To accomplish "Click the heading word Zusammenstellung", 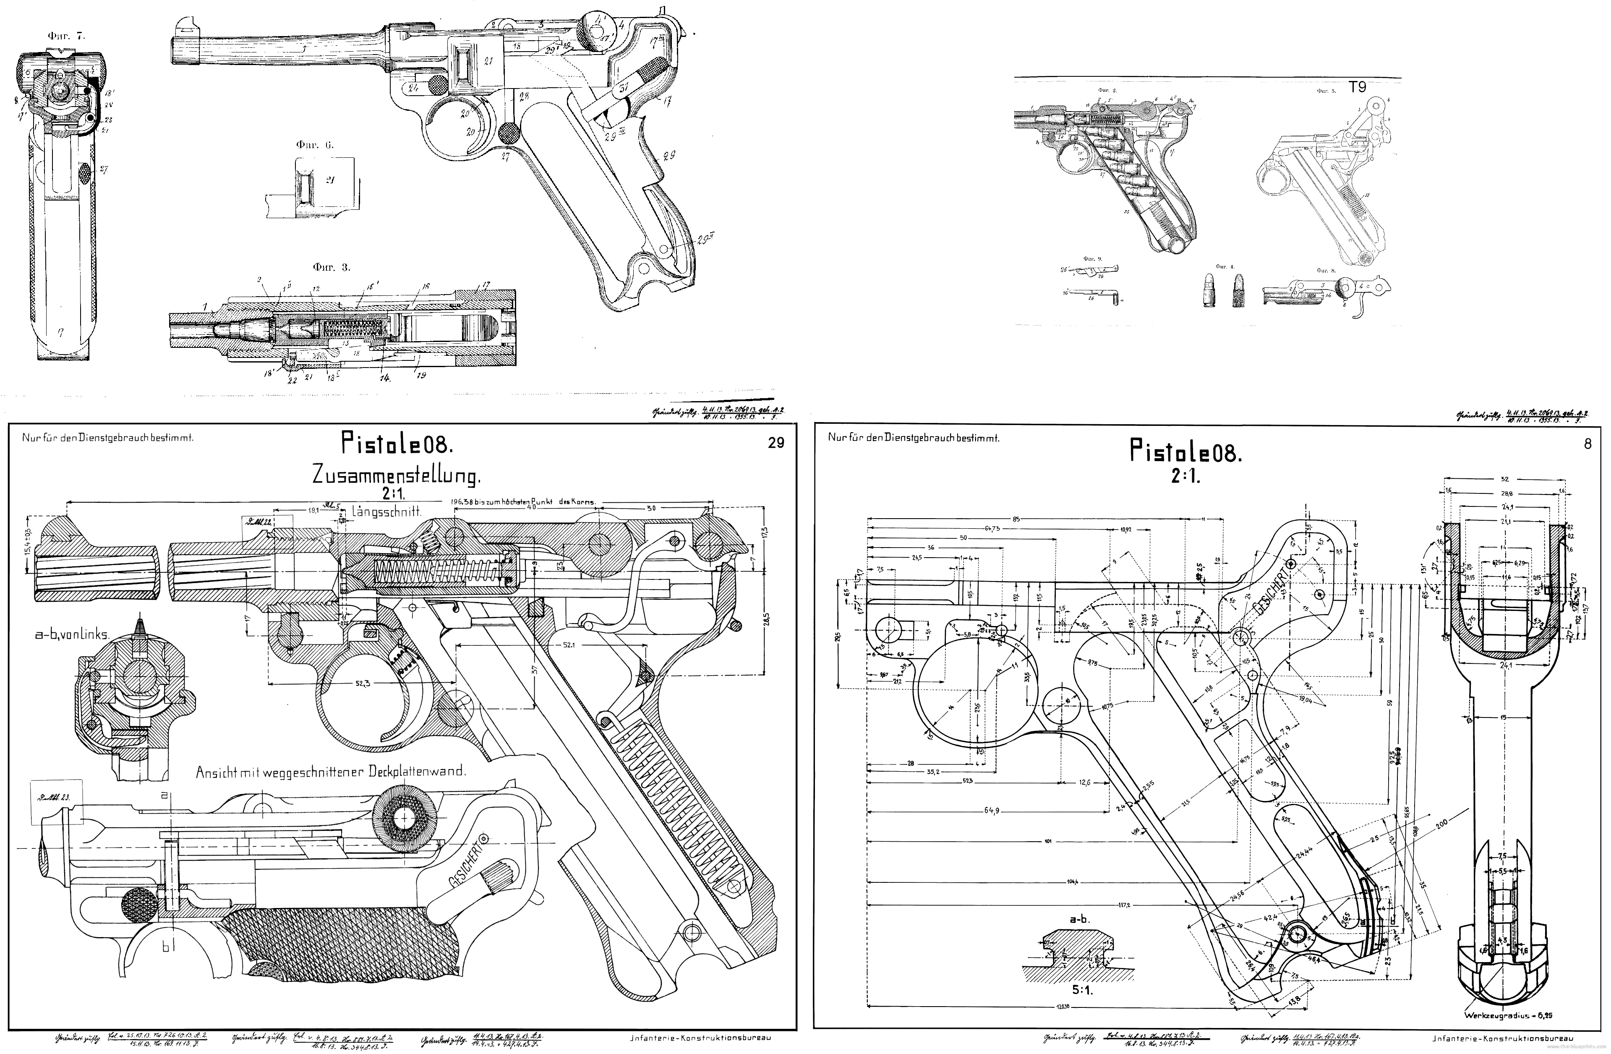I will pyautogui.click(x=396, y=476).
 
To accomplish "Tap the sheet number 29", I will pyautogui.click(x=776, y=443).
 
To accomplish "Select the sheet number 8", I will pyautogui.click(x=1588, y=444).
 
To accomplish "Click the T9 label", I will pyautogui.click(x=1357, y=87).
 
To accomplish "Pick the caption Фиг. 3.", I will pyautogui.click(x=332, y=267).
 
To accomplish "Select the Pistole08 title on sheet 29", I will pyautogui.click(x=397, y=444).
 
